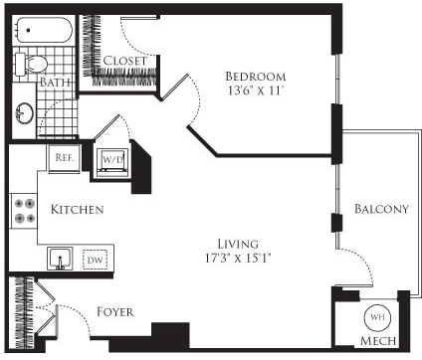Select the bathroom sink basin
click(x=24, y=115)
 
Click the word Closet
click(x=125, y=61)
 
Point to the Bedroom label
click(x=255, y=77)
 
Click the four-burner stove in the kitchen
click(x=24, y=211)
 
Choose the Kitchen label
click(x=78, y=211)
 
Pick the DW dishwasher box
click(x=96, y=259)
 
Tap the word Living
click(x=238, y=244)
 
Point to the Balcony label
click(x=381, y=209)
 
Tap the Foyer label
click(x=115, y=310)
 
